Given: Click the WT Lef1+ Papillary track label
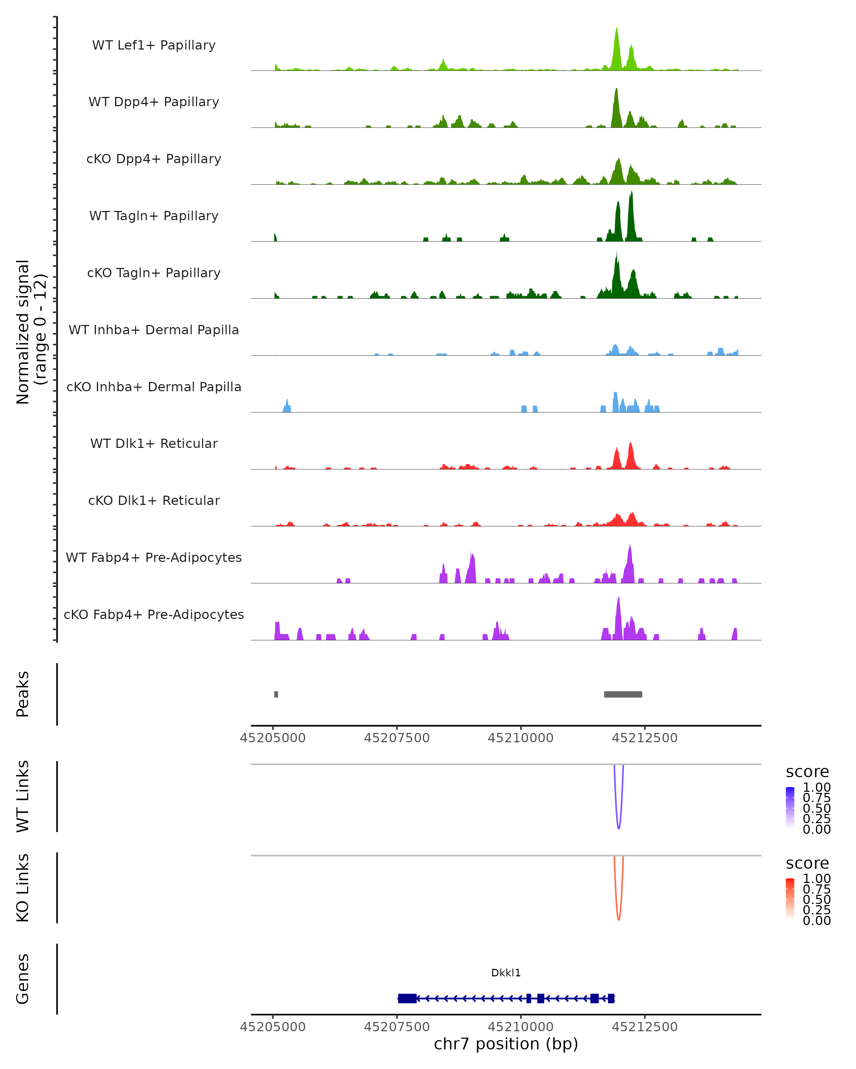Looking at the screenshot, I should click(x=154, y=45).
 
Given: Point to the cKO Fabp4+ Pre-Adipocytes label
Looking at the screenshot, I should click(x=154, y=614).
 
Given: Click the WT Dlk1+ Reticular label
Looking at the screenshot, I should click(x=154, y=443).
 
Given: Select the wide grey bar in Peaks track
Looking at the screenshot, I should click(x=623, y=694).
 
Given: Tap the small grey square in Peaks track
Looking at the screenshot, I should click(x=276, y=694).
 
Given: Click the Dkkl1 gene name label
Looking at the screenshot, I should click(x=506, y=973).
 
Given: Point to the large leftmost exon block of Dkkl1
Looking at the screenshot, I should click(x=407, y=998).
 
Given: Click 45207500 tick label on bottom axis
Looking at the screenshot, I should click(x=397, y=1027).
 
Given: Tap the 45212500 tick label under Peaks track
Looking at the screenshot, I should click(x=644, y=738).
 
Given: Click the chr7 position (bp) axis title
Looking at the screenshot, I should click(x=506, y=1044).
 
